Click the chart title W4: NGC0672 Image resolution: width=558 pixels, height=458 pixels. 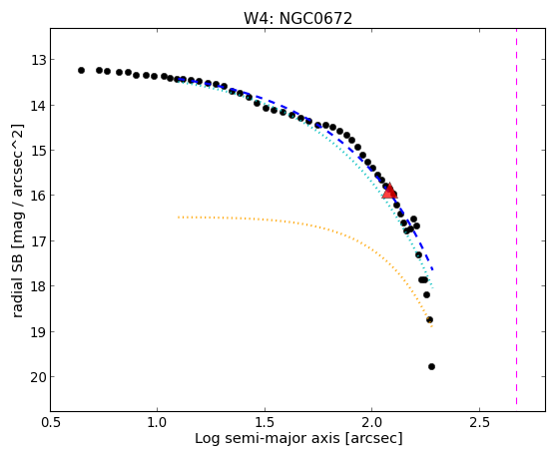pos(297,19)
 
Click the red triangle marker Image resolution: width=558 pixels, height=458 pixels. pos(389,191)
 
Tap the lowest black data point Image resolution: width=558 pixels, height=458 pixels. pos(431,366)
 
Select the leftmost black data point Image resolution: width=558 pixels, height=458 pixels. pos(81,71)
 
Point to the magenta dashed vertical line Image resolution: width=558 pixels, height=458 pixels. pos(516,217)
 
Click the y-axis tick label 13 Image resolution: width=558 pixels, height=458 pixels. pos(38,60)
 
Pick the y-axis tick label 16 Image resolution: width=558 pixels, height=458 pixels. pos(38,196)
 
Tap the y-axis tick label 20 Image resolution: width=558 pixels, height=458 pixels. pos(38,377)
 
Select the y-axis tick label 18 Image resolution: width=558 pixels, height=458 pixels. pos(38,286)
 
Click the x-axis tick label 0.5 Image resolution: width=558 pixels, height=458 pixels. pos(51,422)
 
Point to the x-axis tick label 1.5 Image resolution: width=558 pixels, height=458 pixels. pos(265,422)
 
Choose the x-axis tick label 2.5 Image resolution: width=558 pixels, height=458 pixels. pos(479,422)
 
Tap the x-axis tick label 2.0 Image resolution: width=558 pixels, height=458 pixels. pos(372,422)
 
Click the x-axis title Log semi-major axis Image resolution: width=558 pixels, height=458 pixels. pos(268,438)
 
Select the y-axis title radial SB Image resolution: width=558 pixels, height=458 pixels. pos(18,281)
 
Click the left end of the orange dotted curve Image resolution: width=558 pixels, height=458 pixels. pos(178,217)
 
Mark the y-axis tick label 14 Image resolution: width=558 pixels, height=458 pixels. pos(38,106)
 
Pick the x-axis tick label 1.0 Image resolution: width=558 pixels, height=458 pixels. pos(157,422)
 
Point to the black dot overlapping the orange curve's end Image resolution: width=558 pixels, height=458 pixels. pos(429,319)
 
